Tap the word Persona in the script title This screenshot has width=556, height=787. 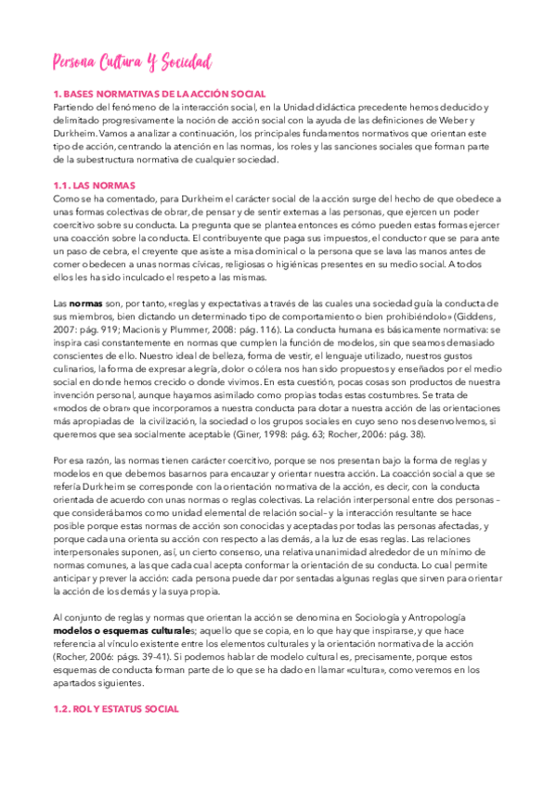click(79, 62)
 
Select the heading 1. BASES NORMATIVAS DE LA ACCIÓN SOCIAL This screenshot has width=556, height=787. click(160, 94)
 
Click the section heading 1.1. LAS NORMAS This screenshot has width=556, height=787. click(94, 186)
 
